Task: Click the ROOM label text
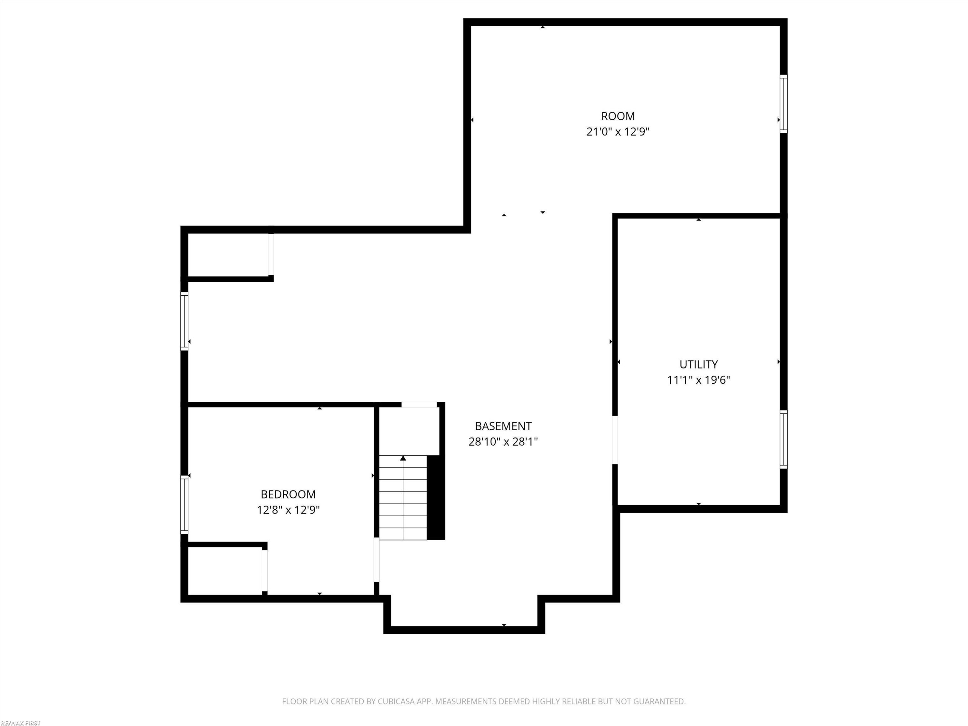618,116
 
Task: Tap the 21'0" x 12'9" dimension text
618,132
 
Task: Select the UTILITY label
699,364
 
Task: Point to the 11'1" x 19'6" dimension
699,380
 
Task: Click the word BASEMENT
503,426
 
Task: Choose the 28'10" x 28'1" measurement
503,441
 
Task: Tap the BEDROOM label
288,494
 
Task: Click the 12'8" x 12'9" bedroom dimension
288,510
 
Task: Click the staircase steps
403,498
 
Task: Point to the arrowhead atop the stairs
403,458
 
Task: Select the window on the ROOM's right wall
783,104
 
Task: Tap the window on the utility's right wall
783,439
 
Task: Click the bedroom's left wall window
184,505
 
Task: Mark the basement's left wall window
184,321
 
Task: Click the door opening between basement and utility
615,440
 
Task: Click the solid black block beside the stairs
436,498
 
